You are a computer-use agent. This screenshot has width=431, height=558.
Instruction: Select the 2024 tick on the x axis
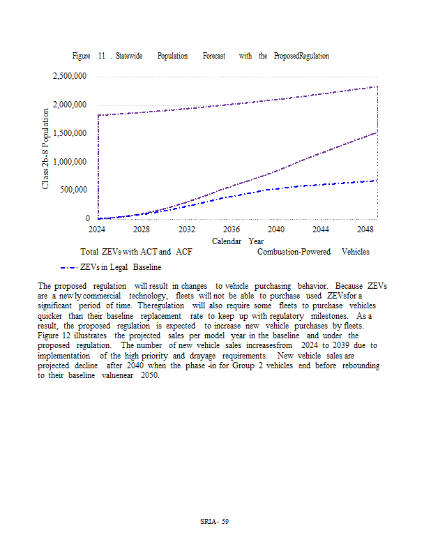[97, 229]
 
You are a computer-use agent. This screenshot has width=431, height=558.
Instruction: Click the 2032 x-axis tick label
[186, 229]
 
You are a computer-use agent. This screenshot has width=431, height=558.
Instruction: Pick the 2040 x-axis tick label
[275, 229]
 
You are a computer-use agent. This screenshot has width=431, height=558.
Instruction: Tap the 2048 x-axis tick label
[365, 229]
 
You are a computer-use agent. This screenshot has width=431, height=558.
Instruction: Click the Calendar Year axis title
[238, 241]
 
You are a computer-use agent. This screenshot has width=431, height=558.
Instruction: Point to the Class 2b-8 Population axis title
[45, 148]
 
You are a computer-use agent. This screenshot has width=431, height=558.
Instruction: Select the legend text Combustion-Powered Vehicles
[313, 252]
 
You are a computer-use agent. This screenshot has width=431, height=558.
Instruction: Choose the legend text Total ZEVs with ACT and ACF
[137, 252]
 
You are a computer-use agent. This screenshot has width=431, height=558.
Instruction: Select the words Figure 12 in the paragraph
[54, 336]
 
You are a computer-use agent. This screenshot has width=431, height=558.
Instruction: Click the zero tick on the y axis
[88, 218]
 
